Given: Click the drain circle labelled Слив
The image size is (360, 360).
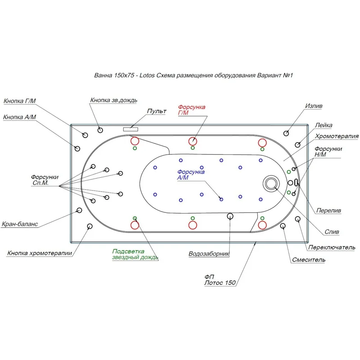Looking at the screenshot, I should [x=271, y=183].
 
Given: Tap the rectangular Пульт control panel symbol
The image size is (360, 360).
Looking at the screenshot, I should [x=130, y=128].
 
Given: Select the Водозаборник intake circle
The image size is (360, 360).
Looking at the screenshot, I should [x=230, y=216].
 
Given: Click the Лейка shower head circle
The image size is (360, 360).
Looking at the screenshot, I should [x=298, y=144].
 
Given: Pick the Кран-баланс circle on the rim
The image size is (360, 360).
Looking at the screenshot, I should [x=79, y=210].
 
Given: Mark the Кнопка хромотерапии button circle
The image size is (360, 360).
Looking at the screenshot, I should [x=90, y=226].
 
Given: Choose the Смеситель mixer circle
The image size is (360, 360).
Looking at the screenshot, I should [x=283, y=226].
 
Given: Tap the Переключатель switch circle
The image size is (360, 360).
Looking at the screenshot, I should [x=298, y=219].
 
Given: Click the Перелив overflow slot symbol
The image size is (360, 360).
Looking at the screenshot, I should [x=297, y=183].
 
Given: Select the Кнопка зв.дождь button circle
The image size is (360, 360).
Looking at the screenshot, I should [x=99, y=130].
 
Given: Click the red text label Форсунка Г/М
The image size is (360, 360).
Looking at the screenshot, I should [x=192, y=110].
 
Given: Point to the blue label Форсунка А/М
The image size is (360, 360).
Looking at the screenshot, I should [x=191, y=175].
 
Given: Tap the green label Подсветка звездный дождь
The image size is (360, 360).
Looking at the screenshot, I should [x=135, y=255].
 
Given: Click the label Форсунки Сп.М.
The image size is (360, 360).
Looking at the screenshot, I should [x=45, y=180].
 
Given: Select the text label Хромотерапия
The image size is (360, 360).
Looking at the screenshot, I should [x=337, y=136].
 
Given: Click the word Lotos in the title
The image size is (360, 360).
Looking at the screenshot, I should [x=147, y=76].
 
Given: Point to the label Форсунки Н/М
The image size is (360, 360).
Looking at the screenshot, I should [x=328, y=152].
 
